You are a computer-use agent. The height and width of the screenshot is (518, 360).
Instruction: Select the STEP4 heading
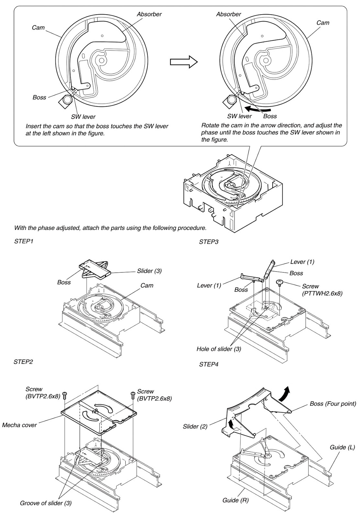coord(209,365)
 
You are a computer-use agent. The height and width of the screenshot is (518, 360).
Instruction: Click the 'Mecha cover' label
coord(19,425)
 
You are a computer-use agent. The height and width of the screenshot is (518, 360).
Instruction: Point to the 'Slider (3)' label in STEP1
coord(149,271)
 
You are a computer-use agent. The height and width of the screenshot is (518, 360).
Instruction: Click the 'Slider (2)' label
coord(195,427)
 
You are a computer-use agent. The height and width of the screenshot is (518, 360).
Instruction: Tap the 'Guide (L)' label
coord(342,447)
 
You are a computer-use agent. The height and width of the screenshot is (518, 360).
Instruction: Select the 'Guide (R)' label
coord(235,500)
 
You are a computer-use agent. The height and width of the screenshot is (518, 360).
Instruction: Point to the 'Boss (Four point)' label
coord(333,404)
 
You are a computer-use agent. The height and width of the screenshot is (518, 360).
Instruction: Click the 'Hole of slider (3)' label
coord(219,349)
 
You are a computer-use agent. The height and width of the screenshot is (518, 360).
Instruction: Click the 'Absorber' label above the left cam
coord(149,14)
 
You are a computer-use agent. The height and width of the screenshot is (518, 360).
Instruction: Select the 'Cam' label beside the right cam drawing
coord(322,23)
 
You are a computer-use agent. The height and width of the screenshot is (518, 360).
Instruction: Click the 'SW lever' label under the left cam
coord(83,117)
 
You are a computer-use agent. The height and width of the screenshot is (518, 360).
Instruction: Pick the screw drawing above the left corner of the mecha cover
coord(64,395)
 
